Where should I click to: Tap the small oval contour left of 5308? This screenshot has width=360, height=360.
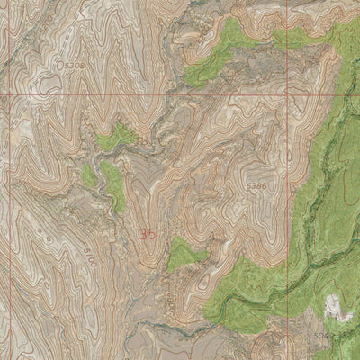tap(41, 67)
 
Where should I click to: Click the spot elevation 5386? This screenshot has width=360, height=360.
tap(256, 184)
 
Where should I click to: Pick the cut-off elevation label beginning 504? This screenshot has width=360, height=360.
tap(345, 334)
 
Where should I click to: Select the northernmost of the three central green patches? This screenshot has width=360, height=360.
tap(114, 138)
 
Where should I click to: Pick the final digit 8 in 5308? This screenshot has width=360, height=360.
tap(84, 65)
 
